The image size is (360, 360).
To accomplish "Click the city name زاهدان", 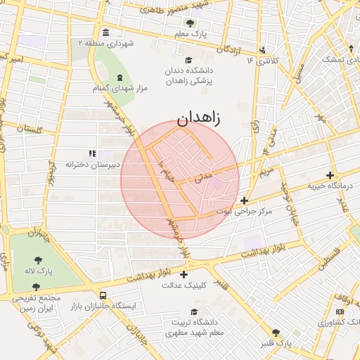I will [x=198, y=118].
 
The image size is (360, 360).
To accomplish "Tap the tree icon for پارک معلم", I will [x=189, y=22].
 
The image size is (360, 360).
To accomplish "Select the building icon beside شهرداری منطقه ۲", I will [x=105, y=32].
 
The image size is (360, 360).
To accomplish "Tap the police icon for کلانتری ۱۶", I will [x=262, y=50].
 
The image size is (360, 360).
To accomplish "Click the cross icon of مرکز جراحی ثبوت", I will [x=244, y=200].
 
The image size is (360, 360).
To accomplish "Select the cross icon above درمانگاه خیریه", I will [x=330, y=174].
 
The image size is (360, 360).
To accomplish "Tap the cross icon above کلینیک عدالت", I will [x=184, y=274].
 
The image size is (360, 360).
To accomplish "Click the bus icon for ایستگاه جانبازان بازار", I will [x=103, y=296].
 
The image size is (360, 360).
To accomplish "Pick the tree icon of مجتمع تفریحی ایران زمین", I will [x=36, y=287].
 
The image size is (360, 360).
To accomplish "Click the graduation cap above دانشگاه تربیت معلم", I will [x=193, y=312].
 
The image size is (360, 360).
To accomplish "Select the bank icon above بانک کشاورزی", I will [x=340, y=311].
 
